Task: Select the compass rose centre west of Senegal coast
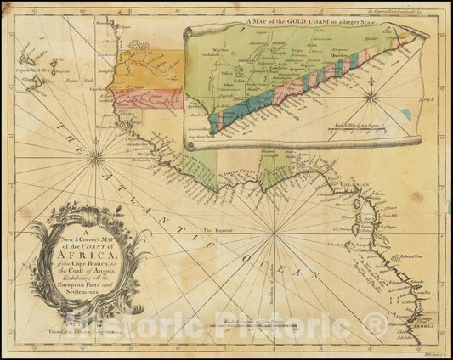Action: coord(96,156)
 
